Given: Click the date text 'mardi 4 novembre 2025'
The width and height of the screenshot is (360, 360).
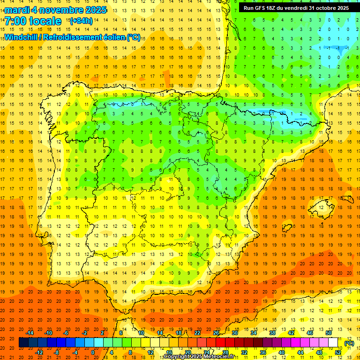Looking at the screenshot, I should [x=55, y=10].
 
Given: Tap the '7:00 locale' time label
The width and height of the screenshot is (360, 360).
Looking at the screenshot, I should [x=33, y=21].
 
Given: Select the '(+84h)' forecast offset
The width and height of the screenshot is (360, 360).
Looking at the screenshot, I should [x=81, y=21].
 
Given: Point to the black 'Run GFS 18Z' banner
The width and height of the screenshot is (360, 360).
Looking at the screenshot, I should [x=296, y=8].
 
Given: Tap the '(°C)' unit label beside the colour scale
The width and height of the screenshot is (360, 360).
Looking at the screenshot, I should [x=349, y=343].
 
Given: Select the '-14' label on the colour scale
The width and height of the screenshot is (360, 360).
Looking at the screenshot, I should [x=30, y=333].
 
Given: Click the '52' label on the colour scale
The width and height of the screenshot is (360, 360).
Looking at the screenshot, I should [x=338, y=352].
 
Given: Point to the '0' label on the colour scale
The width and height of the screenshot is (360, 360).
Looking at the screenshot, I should [x=93, y=352].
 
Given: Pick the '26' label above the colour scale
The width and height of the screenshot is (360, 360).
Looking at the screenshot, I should [x=216, y=333].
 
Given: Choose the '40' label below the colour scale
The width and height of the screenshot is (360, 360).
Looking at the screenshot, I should [x=282, y=352].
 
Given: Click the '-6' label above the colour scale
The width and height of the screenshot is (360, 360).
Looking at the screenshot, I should [x=66, y=333].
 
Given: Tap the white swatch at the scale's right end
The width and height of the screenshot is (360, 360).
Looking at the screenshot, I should [x=333, y=343].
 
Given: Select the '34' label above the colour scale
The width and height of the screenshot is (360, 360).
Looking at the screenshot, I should [x=254, y=333].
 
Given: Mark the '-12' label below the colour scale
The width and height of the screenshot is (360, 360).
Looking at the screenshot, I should [x=39, y=352].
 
